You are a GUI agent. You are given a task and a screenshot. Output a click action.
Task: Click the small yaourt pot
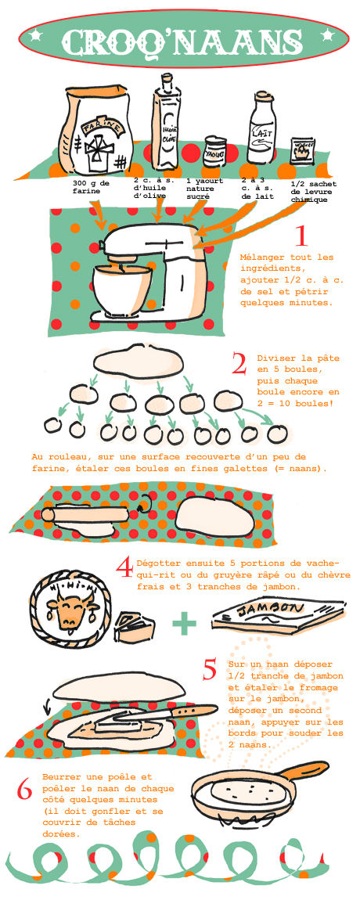point(214,152)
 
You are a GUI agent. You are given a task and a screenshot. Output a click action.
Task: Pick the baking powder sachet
point(302,151)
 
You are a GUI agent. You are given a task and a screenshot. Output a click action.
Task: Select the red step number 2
point(239,364)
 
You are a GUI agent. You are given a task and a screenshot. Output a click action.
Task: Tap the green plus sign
point(184,623)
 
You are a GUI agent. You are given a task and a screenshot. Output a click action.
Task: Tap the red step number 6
point(25,790)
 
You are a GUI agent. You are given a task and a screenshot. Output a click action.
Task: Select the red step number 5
point(211,669)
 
